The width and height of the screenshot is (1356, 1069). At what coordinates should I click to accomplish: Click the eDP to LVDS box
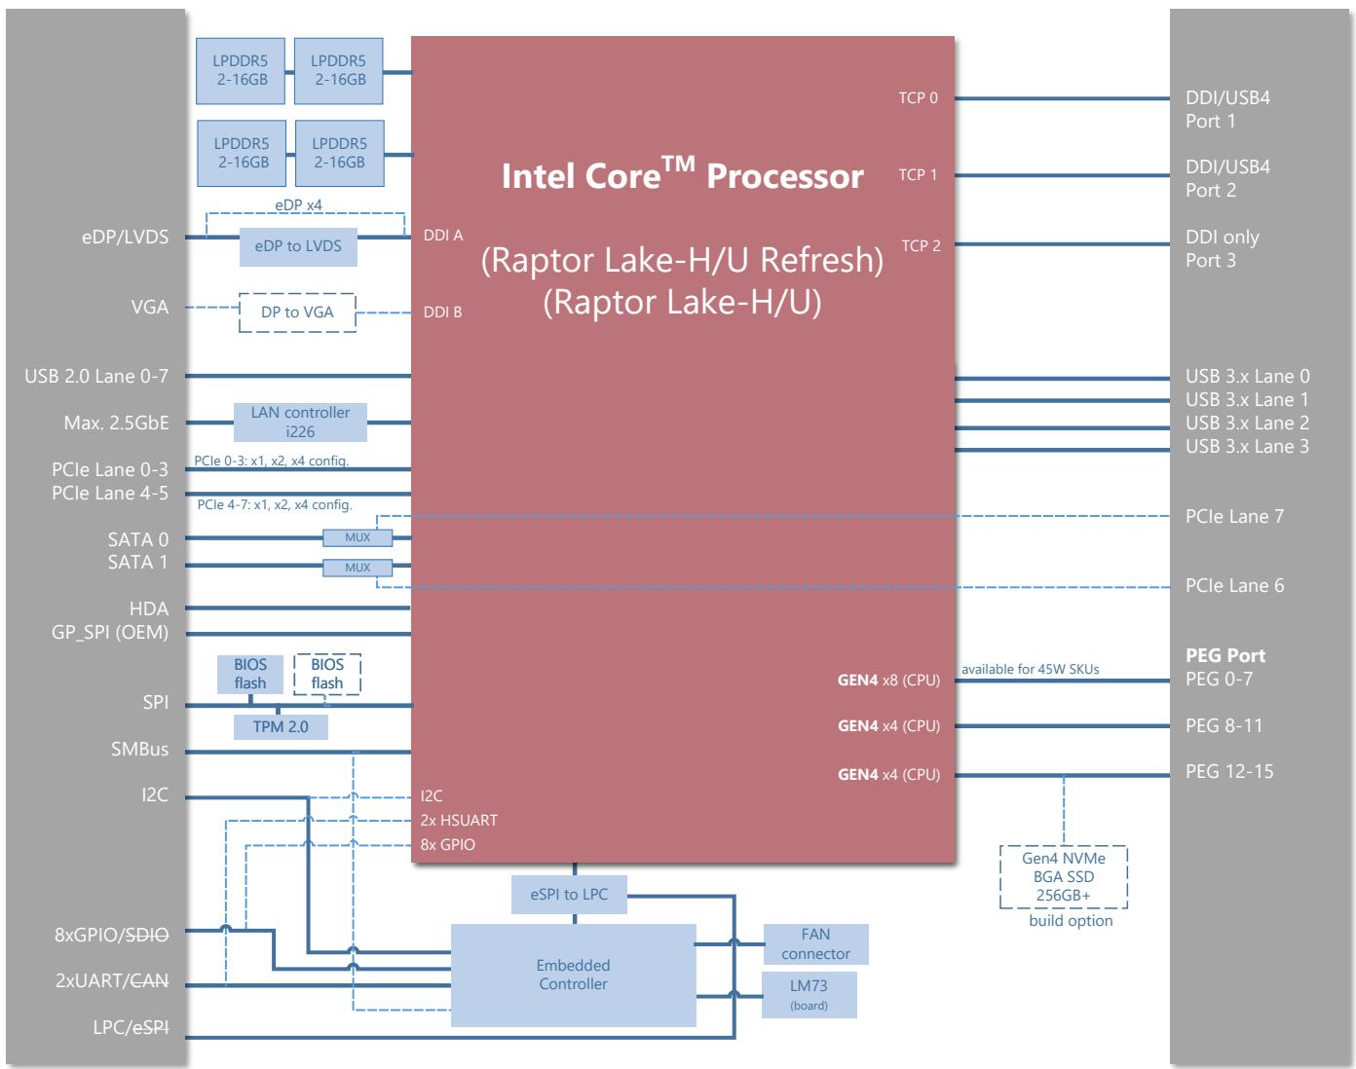pos(298,246)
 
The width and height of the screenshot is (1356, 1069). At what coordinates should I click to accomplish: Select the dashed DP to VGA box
pos(297,313)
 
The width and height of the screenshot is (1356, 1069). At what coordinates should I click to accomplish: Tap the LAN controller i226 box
pos(300,423)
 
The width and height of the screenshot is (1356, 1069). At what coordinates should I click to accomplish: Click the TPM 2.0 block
pos(281,727)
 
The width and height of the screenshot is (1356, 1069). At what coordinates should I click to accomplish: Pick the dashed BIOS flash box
pos(327,674)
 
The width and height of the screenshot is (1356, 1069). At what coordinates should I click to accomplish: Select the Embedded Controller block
pos(574,975)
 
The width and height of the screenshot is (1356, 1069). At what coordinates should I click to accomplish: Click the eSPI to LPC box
pos(569,895)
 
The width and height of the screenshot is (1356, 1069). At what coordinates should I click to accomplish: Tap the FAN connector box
pos(816,944)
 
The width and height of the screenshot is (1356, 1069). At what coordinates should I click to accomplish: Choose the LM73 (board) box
pos(810,995)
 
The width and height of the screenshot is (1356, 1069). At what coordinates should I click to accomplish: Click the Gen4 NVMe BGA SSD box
pos(1064,877)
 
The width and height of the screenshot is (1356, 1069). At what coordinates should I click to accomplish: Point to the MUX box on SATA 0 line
pos(358,537)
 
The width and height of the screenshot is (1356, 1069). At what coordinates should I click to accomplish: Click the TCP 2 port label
pos(921,245)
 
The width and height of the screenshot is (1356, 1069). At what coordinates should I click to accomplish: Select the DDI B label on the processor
pos(442,312)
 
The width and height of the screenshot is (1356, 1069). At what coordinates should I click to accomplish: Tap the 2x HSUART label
pos(459,820)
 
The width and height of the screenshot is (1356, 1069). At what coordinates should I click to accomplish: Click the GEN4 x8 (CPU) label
pos(888,681)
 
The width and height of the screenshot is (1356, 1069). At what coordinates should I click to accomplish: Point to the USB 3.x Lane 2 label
pos(1247,423)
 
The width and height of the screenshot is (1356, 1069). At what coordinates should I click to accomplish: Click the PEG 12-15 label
pos(1229,772)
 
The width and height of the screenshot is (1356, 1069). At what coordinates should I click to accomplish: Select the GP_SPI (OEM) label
pos(110,633)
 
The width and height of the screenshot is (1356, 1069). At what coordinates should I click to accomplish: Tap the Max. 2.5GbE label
pos(117,423)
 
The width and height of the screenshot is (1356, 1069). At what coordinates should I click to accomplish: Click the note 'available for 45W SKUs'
pos(1031,669)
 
